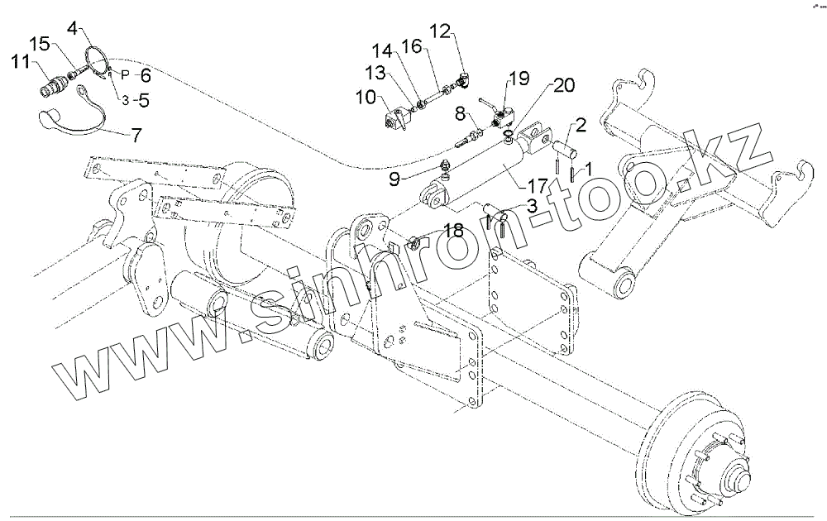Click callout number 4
(x=74, y=28)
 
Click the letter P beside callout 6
(x=125, y=74)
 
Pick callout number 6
(x=146, y=75)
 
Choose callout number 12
(x=440, y=31)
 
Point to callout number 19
(x=519, y=79)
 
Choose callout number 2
(x=581, y=126)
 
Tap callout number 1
(x=589, y=170)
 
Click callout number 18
(x=453, y=231)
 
